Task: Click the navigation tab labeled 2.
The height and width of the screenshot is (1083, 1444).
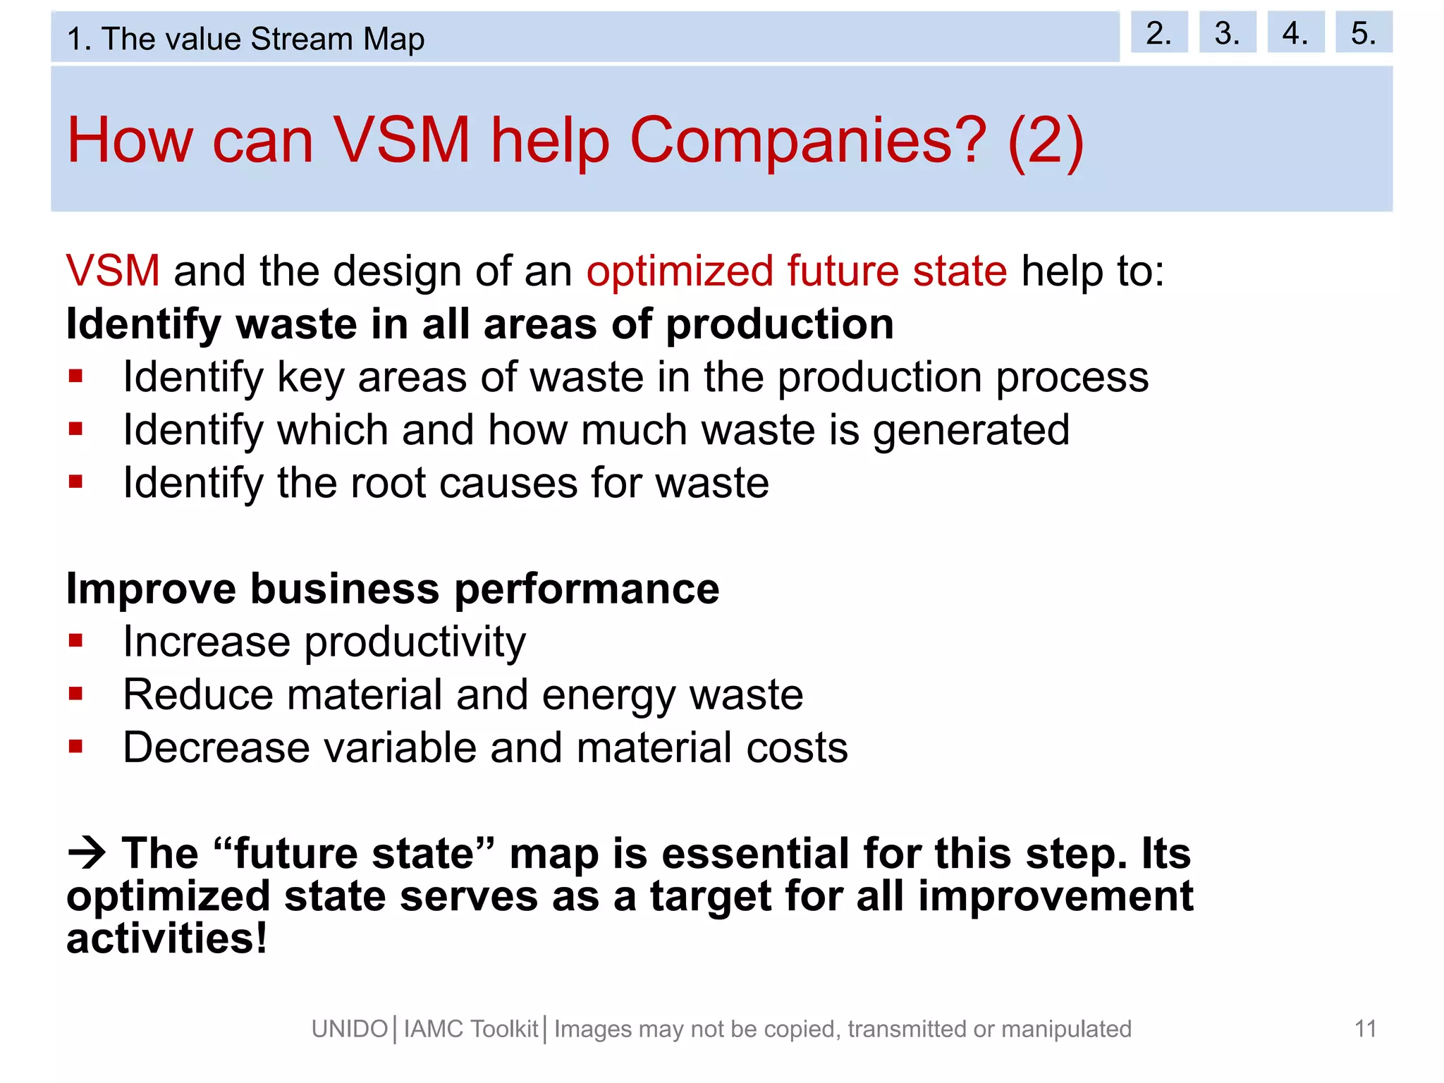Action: pos(1158,32)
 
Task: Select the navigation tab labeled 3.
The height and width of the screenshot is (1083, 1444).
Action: pos(1227,32)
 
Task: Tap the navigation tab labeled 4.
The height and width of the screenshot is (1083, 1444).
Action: pos(1295,32)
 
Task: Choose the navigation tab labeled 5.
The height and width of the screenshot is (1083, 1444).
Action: pos(1363,32)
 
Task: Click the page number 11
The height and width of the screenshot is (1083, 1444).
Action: pos(1365,1029)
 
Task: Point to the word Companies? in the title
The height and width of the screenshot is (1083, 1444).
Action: pos(808,140)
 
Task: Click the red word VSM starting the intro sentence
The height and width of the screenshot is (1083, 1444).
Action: pos(113,271)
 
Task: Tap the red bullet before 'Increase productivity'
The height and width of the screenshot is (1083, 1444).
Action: pos(76,640)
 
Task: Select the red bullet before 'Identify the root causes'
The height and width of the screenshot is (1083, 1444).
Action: pos(76,482)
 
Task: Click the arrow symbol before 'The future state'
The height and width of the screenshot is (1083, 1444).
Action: pos(87,853)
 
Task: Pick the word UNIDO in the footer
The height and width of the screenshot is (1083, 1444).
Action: pos(350,1029)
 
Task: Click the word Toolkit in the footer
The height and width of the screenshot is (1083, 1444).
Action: pos(504,1029)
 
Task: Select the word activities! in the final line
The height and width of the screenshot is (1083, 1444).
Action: pos(167,939)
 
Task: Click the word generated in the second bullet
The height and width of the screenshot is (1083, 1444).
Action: pos(971,431)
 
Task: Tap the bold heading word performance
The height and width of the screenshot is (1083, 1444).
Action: pos(587,589)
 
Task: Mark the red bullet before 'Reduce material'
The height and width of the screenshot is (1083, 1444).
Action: pos(76,694)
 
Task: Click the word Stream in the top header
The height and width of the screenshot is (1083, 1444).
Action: pos(301,39)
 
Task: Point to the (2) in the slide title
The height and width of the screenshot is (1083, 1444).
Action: pos(1046,140)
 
